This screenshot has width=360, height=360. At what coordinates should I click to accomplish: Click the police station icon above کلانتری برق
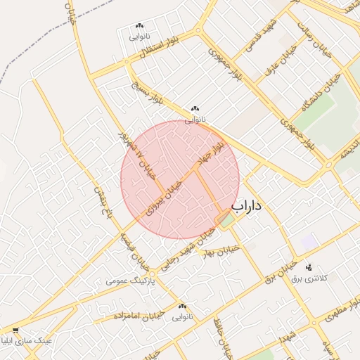pyautogui.click(x=308, y=266)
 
